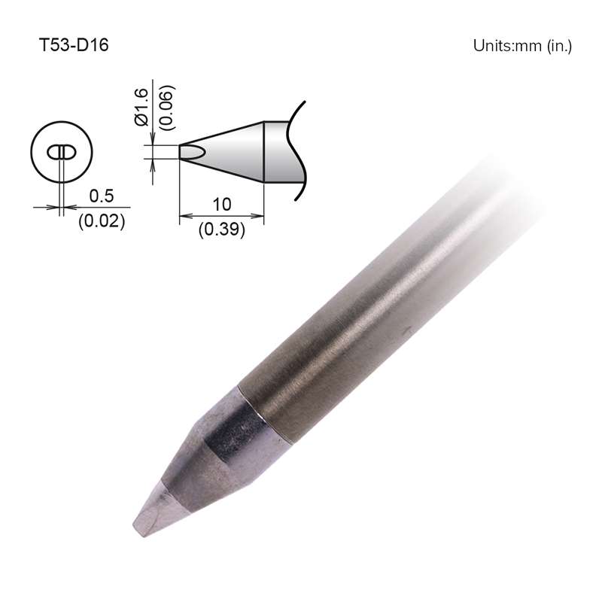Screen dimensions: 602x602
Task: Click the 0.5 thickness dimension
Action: point(101,196)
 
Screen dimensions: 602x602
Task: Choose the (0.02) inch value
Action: point(101,222)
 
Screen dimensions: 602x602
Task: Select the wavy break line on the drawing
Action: point(299,150)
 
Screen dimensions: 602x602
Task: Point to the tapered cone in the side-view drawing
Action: point(230,150)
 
